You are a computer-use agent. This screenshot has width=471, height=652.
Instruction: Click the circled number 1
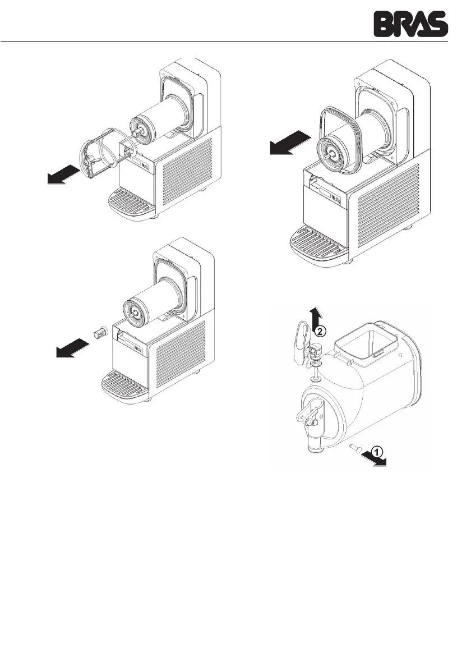(378, 451)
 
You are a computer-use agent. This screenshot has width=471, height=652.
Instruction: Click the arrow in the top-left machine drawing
(62, 174)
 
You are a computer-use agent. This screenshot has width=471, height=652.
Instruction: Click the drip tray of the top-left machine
(130, 204)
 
